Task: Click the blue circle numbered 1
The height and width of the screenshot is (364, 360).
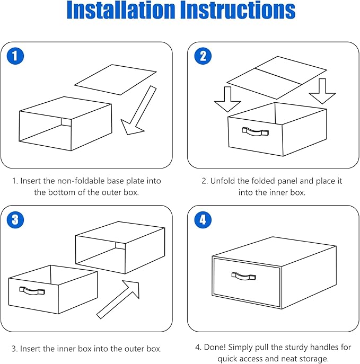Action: (15, 56)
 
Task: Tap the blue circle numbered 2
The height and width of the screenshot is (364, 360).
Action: (203, 56)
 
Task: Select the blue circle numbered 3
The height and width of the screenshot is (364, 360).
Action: (15, 219)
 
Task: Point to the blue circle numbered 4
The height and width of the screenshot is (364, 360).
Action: (203, 219)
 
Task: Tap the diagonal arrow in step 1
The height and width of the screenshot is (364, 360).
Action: (139, 110)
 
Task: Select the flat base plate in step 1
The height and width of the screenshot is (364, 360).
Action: (116, 79)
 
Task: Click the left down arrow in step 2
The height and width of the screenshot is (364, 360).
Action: (227, 99)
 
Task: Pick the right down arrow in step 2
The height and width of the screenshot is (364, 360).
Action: (322, 91)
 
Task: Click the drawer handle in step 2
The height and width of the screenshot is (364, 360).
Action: (255, 131)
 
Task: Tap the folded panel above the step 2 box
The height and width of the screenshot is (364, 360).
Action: (277, 77)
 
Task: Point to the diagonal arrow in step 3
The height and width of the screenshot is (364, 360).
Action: (118, 299)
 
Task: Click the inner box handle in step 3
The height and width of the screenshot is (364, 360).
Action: (32, 291)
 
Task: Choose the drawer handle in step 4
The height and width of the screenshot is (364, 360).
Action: (244, 276)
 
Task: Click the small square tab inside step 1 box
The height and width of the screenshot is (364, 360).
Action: (66, 122)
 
